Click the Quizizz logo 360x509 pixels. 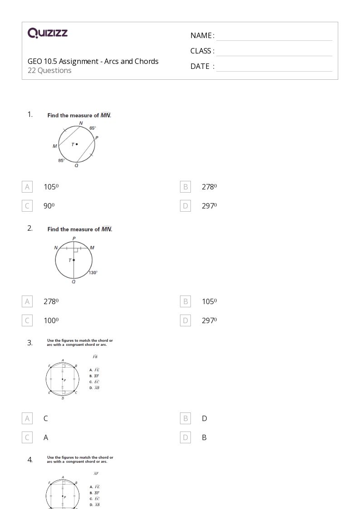(48, 33)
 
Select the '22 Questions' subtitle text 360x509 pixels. (49, 70)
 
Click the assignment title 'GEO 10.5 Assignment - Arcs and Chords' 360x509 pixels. (93, 61)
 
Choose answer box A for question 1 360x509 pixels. (27, 187)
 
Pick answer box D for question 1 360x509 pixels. (185, 206)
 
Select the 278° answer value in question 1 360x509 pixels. (209, 187)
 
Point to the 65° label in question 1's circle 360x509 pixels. (92, 128)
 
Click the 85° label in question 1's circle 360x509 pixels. (61, 160)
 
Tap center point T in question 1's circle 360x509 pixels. (77, 144)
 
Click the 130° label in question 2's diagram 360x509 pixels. (93, 272)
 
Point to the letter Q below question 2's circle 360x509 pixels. (73, 282)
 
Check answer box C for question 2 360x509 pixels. (27, 320)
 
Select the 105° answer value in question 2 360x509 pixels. (209, 301)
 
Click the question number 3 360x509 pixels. (30, 343)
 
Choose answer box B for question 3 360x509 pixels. (185, 418)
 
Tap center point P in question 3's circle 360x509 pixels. (63, 379)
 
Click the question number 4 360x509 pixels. (30, 460)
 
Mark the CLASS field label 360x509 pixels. (202, 51)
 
